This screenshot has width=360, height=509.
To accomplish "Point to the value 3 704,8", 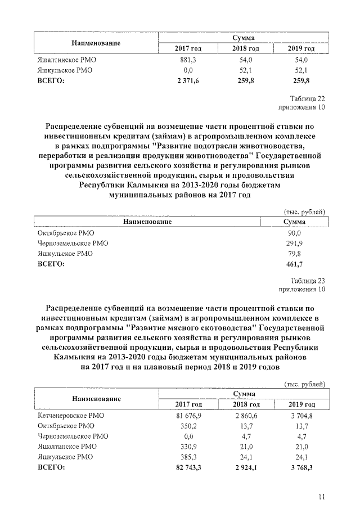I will [x=301, y=416].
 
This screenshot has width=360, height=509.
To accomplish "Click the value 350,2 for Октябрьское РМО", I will [x=188, y=426].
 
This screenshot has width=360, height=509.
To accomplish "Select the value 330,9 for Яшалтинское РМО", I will [x=188, y=447].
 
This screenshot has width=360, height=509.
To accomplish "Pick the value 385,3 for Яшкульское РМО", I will [x=188, y=457].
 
